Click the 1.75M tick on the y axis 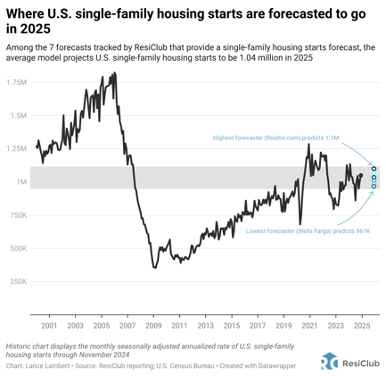tap(16, 82)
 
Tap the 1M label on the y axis tap(21, 182)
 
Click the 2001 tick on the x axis tap(49, 327)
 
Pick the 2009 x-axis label tap(154, 327)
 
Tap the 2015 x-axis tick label tap(232, 327)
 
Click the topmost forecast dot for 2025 tap(374, 168)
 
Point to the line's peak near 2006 tap(114, 73)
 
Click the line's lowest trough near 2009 tap(154, 267)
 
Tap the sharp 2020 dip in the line tap(300, 223)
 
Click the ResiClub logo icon tap(329, 361)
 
